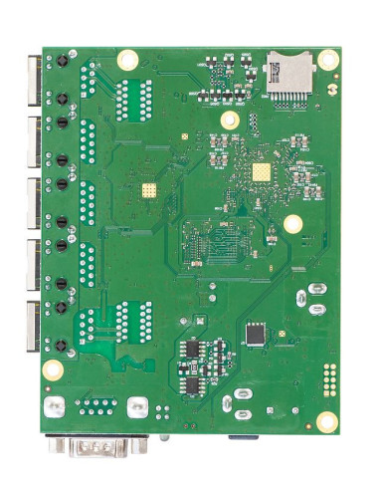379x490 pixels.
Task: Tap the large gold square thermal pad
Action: tap(262, 172)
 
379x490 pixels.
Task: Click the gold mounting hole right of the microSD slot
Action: tap(330, 63)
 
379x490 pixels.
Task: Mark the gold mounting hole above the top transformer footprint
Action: tap(126, 60)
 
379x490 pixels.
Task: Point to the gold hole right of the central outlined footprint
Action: tap(291, 224)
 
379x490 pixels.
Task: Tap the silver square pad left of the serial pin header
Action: tap(57, 407)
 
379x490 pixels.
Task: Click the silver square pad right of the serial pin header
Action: tap(137, 406)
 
